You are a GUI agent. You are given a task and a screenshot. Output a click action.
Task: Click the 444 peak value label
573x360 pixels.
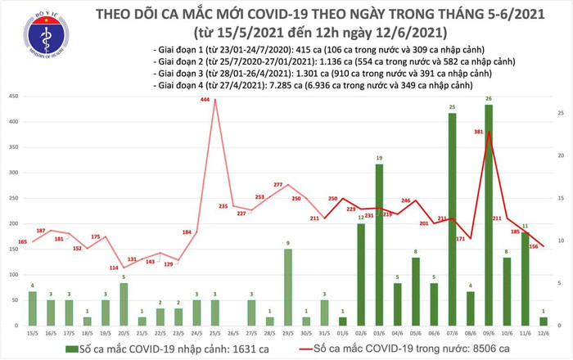[x=205, y=101]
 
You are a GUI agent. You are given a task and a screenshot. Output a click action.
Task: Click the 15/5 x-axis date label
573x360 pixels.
[x=32, y=334]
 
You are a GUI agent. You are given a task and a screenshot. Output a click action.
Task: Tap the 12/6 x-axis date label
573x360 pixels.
[x=544, y=334]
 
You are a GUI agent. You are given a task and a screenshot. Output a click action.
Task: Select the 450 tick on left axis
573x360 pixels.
[x=15, y=97]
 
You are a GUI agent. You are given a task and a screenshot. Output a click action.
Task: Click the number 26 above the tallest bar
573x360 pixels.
[x=489, y=100]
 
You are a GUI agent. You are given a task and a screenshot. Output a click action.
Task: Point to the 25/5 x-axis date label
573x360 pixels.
[x=214, y=334]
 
